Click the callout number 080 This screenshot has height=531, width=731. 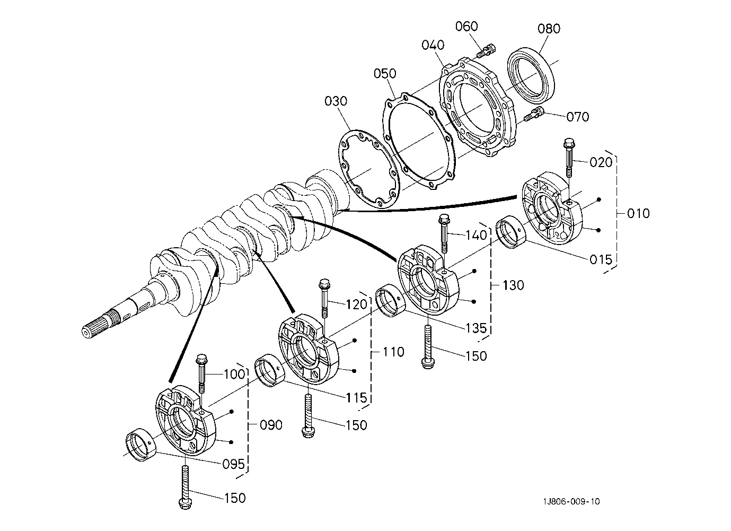(549, 28)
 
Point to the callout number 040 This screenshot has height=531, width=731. (433, 45)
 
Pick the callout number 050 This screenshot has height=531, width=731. (384, 73)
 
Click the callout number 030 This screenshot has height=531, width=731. (336, 101)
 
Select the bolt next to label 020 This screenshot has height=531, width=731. (569, 157)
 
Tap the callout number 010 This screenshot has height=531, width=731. (638, 214)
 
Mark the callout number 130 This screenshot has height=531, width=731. (513, 285)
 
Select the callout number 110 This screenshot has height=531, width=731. (393, 352)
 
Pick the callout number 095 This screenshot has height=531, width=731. (234, 465)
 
